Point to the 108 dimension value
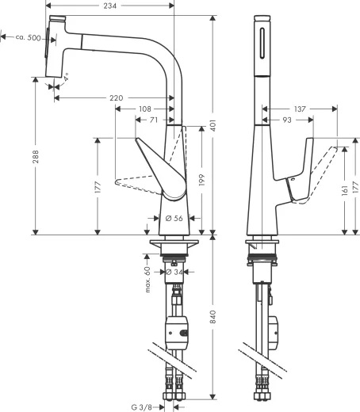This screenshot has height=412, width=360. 145,109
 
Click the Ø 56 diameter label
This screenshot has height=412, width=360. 174,218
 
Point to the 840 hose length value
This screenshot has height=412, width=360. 213,317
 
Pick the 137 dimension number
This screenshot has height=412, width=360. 298,109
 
